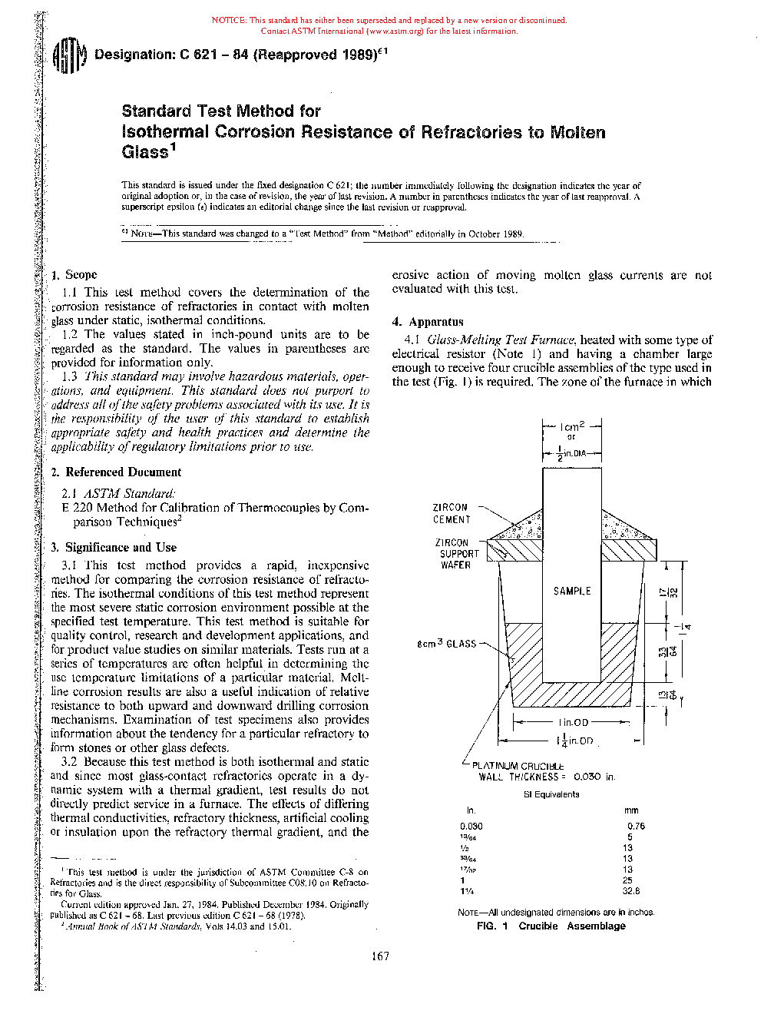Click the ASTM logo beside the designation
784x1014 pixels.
click(68, 56)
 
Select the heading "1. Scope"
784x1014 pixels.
click(74, 275)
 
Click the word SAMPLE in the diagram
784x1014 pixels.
click(572, 591)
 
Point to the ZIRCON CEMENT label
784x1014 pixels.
click(451, 513)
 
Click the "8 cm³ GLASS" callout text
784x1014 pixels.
click(446, 644)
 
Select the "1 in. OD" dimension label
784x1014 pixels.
click(574, 722)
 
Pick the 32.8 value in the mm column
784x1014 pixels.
click(631, 891)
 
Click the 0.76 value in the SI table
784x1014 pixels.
click(636, 827)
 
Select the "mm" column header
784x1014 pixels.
click(631, 810)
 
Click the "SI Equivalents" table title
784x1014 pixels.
click(551, 794)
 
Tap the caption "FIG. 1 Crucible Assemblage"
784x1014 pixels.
click(551, 926)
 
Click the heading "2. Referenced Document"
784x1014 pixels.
click(116, 472)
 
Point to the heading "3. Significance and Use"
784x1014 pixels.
click(114, 548)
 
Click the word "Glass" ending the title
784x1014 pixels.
click(145, 152)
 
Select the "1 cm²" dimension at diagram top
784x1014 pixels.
click(572, 426)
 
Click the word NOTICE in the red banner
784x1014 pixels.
click(228, 21)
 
